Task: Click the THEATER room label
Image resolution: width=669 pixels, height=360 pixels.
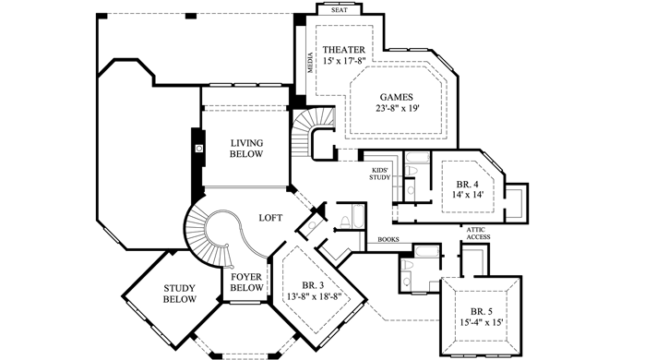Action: [344, 50]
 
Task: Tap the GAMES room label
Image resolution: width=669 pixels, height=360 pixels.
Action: [397, 97]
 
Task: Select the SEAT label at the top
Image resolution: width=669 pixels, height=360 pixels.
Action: [340, 9]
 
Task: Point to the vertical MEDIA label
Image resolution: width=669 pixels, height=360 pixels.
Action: [310, 63]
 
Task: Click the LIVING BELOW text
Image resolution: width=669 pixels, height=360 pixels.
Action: [246, 149]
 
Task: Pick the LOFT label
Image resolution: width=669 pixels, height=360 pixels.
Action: [270, 218]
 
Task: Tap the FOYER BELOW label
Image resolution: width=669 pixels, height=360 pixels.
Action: [247, 282]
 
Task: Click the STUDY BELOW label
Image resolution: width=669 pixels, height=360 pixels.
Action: [180, 294]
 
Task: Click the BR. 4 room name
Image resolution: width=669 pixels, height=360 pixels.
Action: [467, 185]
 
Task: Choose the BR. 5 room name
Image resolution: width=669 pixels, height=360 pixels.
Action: [483, 311]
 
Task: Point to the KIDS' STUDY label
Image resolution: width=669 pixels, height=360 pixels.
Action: [380, 174]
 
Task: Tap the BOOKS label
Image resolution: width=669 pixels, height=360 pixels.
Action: [388, 240]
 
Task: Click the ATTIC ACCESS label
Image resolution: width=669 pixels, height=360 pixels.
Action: [478, 234]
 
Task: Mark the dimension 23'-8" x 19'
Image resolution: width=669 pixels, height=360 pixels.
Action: [398, 109]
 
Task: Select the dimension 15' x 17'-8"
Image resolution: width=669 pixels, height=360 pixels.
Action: [345, 61]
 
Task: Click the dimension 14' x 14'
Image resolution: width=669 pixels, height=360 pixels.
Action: [468, 195]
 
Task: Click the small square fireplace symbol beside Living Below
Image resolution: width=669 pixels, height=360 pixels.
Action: [198, 149]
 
